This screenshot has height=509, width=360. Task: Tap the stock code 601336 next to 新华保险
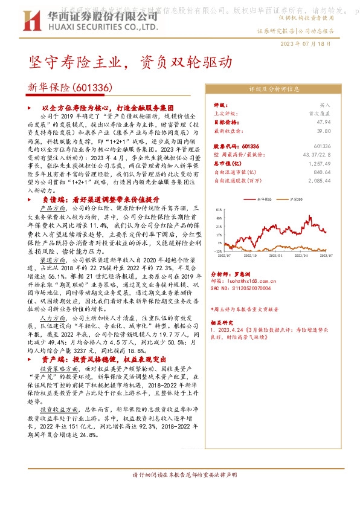pos(93,88)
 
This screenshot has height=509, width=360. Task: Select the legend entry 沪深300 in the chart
pos(298,198)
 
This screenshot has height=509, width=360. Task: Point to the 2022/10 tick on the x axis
pos(251,256)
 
